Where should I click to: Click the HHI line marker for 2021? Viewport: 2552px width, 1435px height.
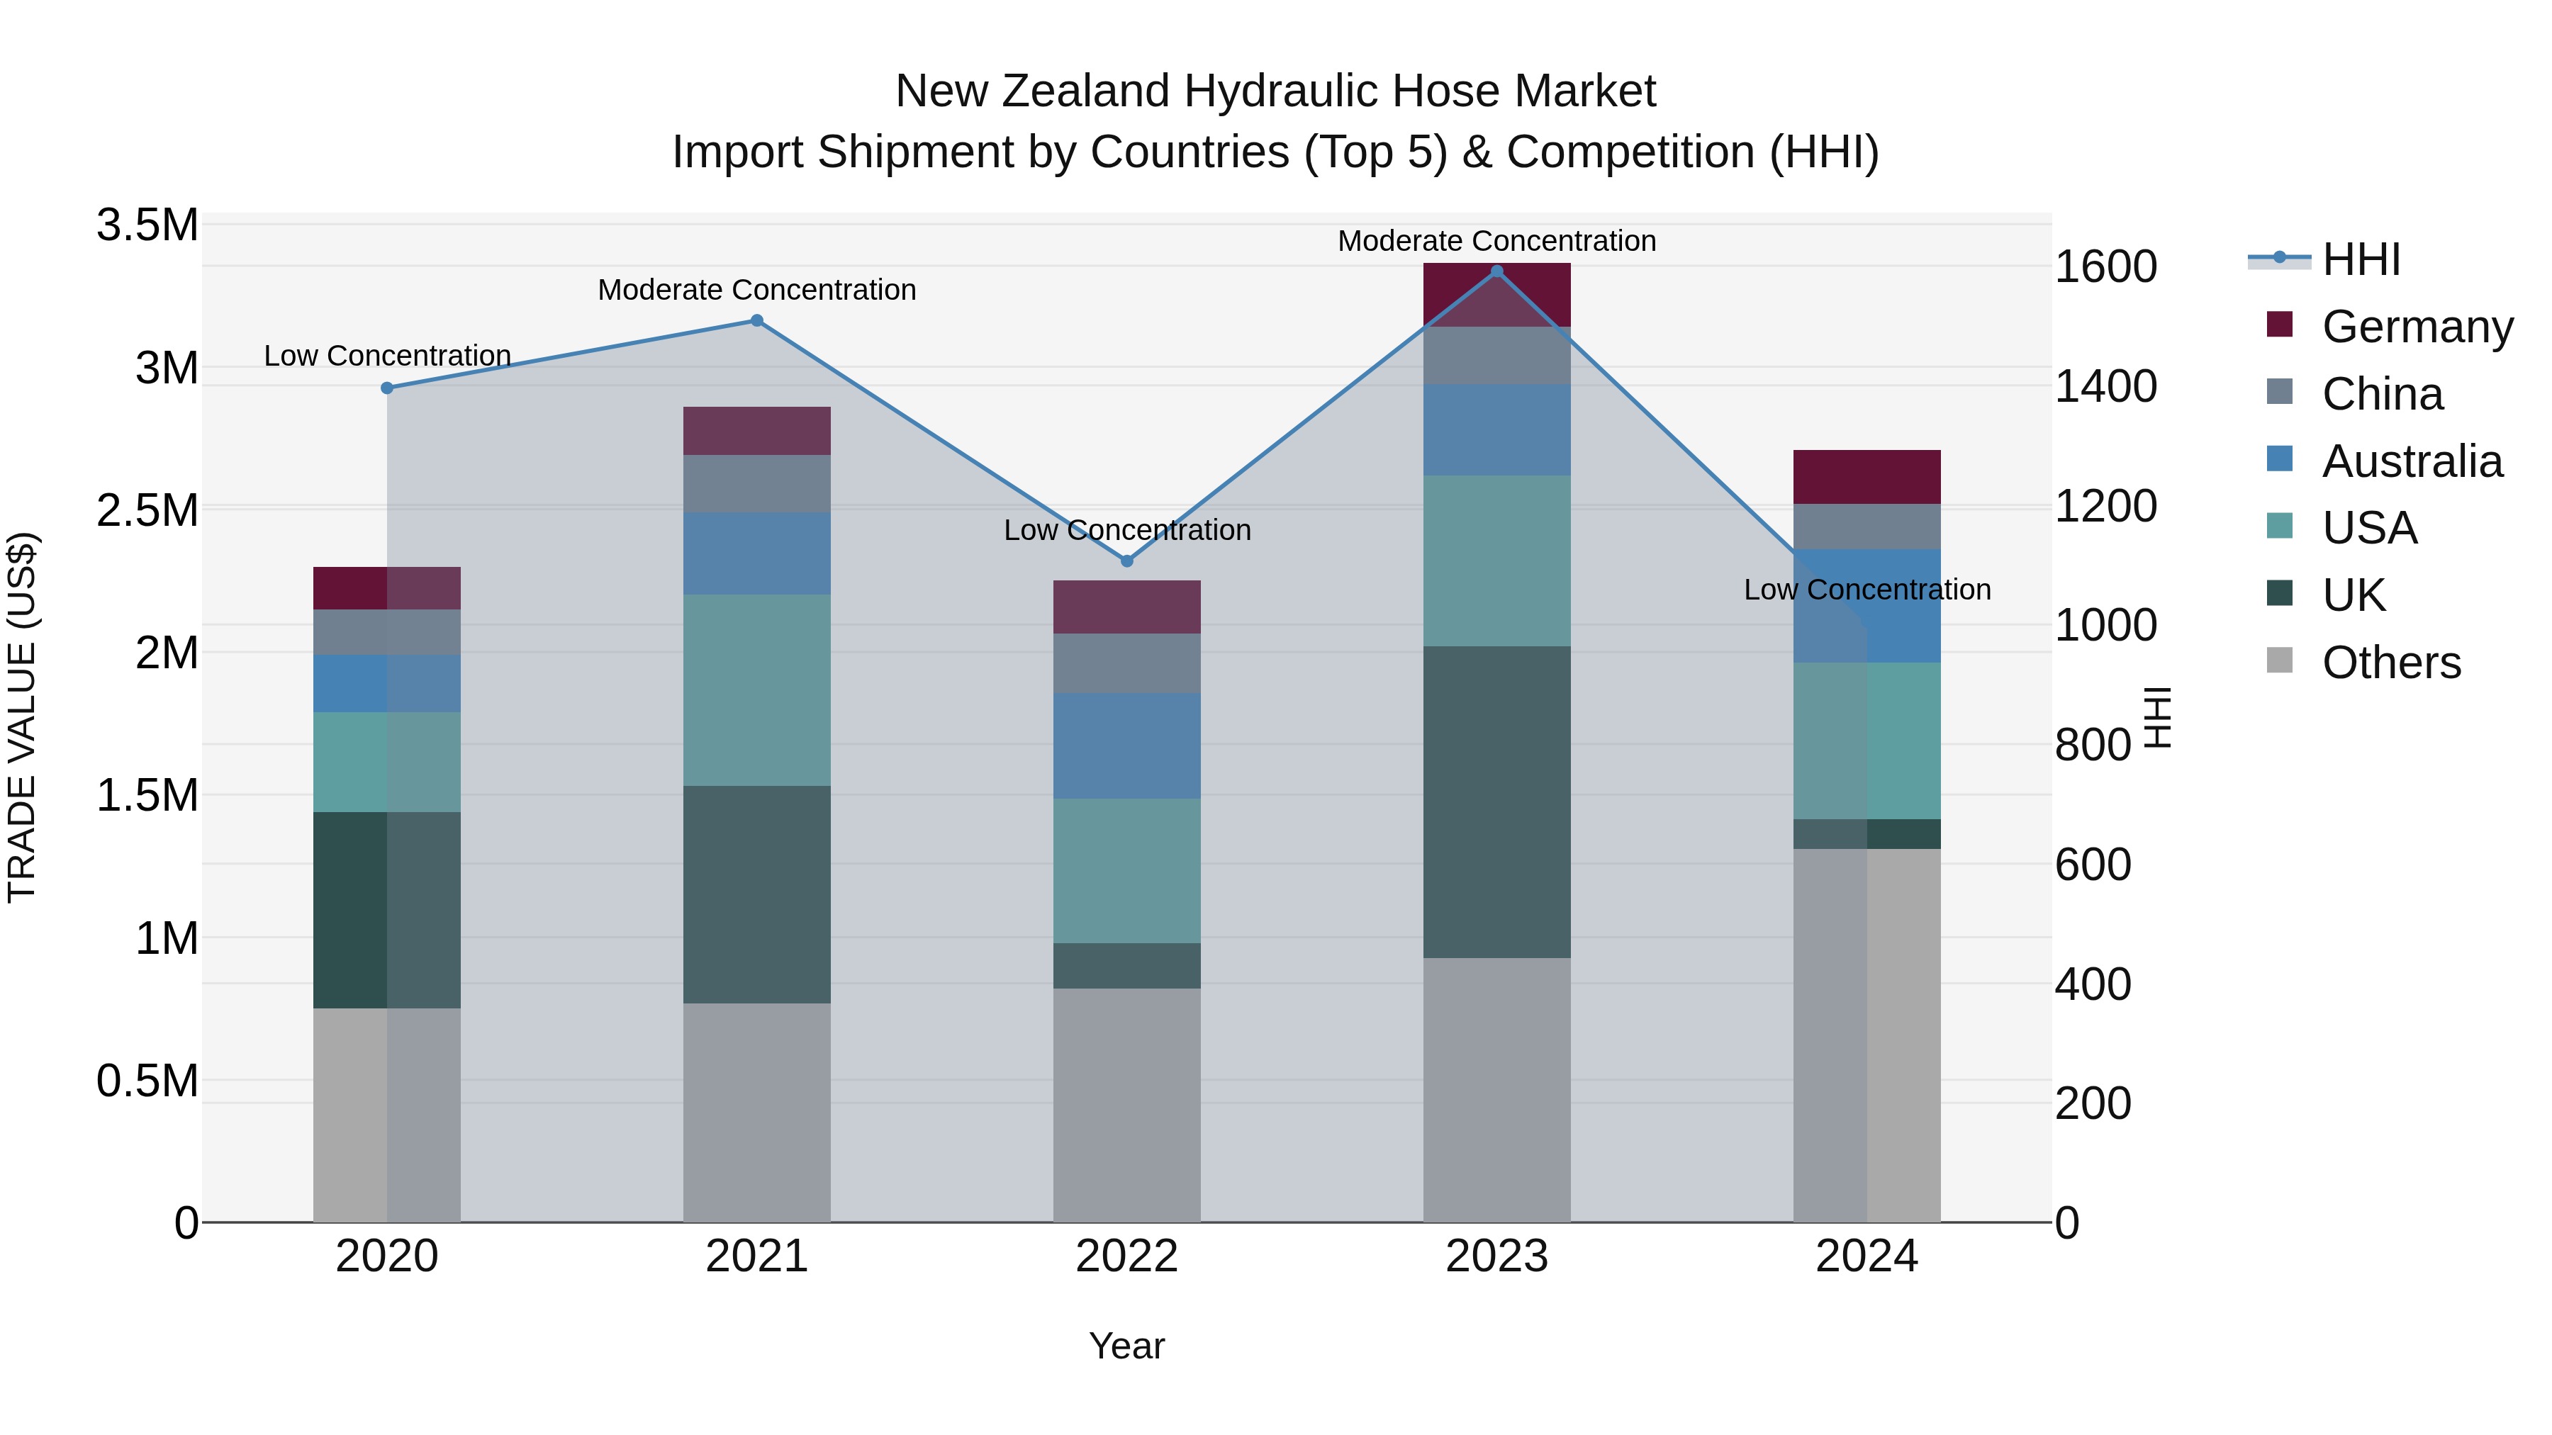coord(757,321)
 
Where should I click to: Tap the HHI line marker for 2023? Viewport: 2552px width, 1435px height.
coord(1497,271)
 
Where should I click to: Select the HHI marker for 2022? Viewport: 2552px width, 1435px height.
coord(1126,561)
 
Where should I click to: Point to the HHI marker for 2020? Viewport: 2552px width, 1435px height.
coord(387,388)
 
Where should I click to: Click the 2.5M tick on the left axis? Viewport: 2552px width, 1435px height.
coord(147,511)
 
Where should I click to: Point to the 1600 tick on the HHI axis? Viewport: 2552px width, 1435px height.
coord(2105,266)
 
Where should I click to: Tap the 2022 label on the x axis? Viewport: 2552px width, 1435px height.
coord(1126,1256)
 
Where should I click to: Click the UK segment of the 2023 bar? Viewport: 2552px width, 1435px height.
coord(1497,802)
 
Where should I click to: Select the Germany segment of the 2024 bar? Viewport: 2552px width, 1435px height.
coord(1867,478)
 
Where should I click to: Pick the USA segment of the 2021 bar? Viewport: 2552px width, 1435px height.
coord(757,690)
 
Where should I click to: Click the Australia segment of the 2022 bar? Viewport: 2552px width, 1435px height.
coord(1126,745)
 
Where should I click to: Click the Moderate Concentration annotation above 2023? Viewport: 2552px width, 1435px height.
coord(1497,242)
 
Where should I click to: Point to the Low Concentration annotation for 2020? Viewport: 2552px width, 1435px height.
coord(387,356)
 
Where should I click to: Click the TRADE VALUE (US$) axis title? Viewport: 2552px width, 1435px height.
coord(22,717)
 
